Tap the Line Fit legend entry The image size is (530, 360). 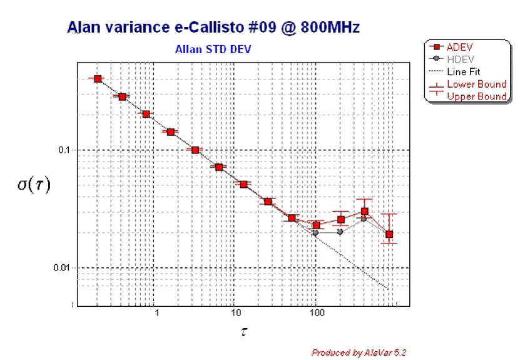click(464, 71)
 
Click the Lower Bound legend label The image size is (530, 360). click(476, 84)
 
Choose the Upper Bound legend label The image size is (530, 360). click(476, 96)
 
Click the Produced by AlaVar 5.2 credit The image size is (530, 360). click(360, 352)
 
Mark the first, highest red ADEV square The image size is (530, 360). click(98, 79)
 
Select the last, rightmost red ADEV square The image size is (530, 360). click(389, 235)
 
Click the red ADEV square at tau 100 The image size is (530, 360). click(317, 225)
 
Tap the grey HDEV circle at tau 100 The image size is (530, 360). click(315, 233)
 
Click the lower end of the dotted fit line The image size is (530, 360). click(389, 289)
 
